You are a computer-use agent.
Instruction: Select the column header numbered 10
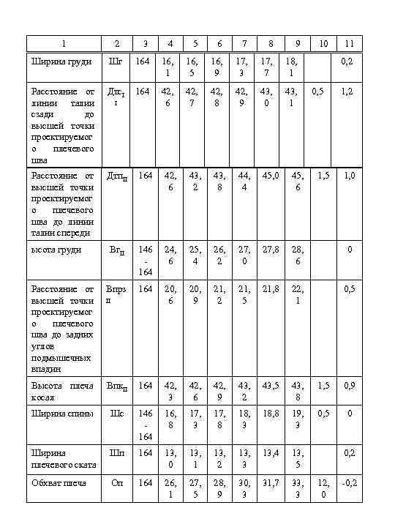coord(323,43)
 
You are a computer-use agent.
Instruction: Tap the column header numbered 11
coord(350,43)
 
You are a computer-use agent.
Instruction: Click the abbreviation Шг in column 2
coord(115,61)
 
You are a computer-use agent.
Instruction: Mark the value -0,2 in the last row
coord(349,482)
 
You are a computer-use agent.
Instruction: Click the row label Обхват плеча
coord(59,482)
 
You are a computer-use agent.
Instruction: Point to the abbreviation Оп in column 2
coord(116,482)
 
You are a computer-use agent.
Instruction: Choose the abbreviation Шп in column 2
coord(116,452)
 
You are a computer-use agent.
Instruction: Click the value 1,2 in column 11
coord(349,91)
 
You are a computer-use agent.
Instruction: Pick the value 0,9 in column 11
coord(349,385)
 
